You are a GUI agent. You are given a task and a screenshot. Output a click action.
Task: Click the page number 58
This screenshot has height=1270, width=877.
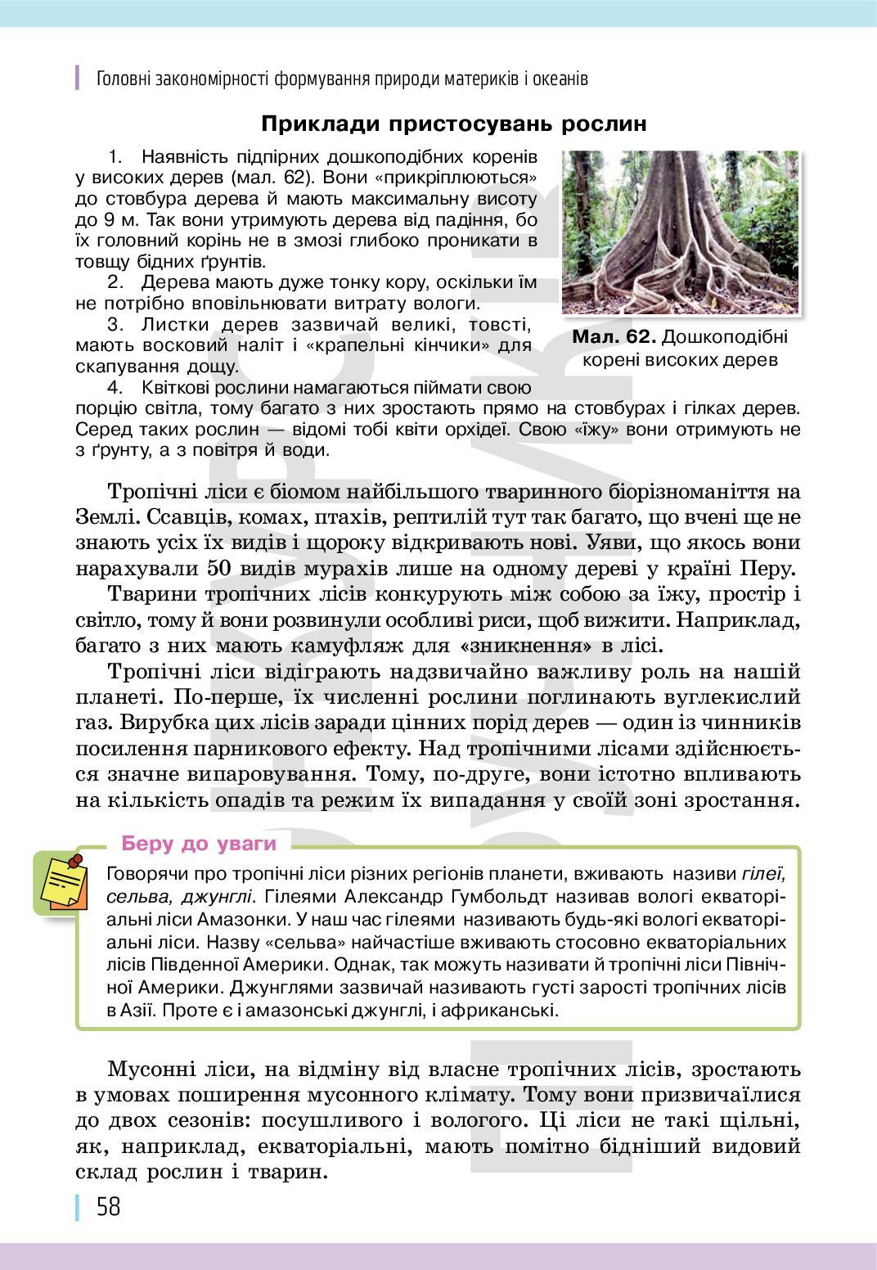tap(108, 1206)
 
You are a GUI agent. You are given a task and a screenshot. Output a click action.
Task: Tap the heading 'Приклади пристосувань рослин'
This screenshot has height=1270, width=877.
tap(454, 124)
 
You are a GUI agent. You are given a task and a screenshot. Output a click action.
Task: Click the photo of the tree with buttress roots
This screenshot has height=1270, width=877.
tap(680, 232)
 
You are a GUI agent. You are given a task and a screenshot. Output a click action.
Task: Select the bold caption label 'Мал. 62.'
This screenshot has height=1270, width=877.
tap(614, 337)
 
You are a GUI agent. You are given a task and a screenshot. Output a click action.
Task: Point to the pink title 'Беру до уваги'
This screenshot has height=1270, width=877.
tap(199, 844)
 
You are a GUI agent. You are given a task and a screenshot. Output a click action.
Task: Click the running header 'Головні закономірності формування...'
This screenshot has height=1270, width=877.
tap(342, 79)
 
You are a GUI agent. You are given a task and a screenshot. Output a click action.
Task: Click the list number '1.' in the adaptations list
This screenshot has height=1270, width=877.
tap(115, 155)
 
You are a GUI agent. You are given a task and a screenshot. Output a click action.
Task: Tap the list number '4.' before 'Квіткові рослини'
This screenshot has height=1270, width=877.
tap(115, 386)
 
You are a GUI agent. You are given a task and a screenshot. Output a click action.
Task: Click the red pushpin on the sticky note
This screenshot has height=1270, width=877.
tap(76, 861)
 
